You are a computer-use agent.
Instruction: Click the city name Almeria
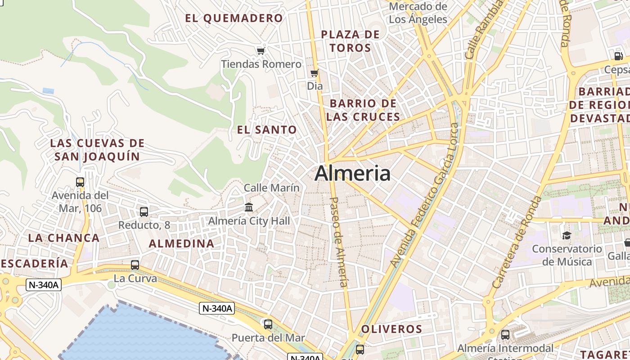[x=352, y=173]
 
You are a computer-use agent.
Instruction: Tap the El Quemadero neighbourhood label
[x=234, y=18]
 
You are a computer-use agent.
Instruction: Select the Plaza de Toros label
[x=350, y=41]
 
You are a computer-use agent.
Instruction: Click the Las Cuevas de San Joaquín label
[x=97, y=150]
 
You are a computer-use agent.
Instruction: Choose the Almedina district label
[x=181, y=243]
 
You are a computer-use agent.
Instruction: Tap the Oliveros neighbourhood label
[x=391, y=329]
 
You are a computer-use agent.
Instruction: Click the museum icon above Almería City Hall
[x=249, y=207]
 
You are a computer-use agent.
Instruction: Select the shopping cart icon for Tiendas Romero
[x=261, y=50]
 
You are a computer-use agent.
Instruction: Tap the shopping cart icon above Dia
[x=315, y=73]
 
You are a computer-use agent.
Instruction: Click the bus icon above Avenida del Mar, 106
[x=80, y=182]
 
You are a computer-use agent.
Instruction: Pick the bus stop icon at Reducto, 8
[x=144, y=211]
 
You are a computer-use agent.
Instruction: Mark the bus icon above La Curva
[x=135, y=265]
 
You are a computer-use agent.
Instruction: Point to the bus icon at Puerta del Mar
[x=268, y=324]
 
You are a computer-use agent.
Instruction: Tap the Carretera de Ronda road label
[x=517, y=242]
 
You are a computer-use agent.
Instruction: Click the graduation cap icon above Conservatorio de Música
[x=567, y=235]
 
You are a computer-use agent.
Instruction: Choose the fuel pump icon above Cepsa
[x=618, y=56]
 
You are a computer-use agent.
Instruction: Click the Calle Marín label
[x=271, y=188]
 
